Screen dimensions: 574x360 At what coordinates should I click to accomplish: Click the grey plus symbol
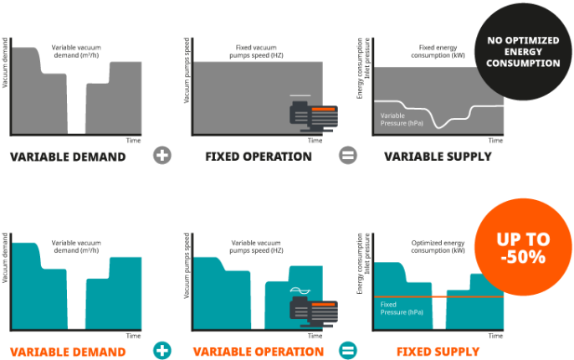[x=162, y=155]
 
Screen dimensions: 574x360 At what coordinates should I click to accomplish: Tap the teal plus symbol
[x=162, y=351]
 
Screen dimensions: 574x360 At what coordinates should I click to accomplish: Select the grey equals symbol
[x=348, y=155]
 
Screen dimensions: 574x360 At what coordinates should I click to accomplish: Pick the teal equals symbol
[x=348, y=351]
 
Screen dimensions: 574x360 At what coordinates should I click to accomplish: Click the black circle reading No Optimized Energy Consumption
[x=523, y=52]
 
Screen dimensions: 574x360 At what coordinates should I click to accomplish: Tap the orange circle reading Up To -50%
[x=523, y=247]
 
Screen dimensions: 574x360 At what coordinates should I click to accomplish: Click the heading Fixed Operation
[x=259, y=157]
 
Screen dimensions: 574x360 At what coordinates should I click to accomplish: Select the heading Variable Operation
[x=259, y=352]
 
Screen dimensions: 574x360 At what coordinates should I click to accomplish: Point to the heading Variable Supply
[x=438, y=157]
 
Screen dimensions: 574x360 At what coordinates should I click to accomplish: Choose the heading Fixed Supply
[x=438, y=352]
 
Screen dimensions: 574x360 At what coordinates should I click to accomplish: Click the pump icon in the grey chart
[x=314, y=116]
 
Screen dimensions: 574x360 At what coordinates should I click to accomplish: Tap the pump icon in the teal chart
[x=314, y=312]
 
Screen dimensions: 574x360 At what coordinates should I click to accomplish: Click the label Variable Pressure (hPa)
[x=402, y=120]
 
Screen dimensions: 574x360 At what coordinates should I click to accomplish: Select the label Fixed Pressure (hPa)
[x=402, y=308]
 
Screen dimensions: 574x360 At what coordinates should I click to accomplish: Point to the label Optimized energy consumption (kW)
[x=438, y=246]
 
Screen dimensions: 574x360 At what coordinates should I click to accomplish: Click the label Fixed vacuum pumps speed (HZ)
[x=256, y=51]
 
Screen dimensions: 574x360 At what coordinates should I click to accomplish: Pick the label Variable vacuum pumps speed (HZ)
[x=256, y=246]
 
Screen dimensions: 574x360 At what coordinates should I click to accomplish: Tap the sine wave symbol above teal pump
[x=300, y=291]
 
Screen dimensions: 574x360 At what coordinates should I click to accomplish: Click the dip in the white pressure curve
[x=439, y=126]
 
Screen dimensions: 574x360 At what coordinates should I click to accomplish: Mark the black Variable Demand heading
[x=68, y=157]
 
